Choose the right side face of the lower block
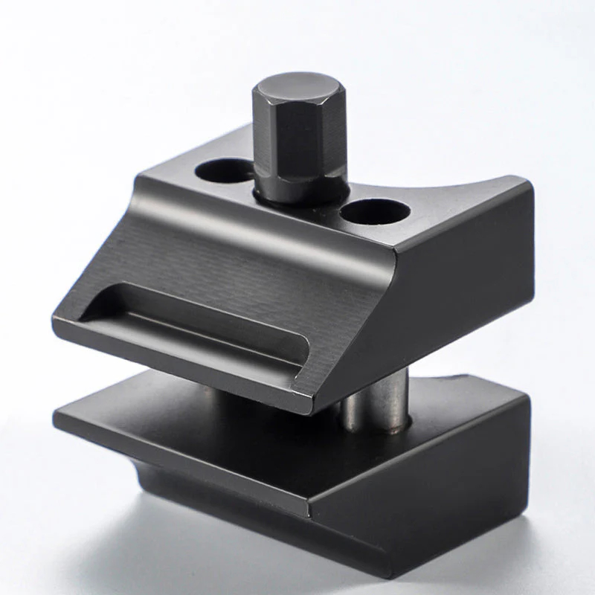click(x=446, y=483)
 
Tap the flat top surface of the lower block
click(x=223, y=416)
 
